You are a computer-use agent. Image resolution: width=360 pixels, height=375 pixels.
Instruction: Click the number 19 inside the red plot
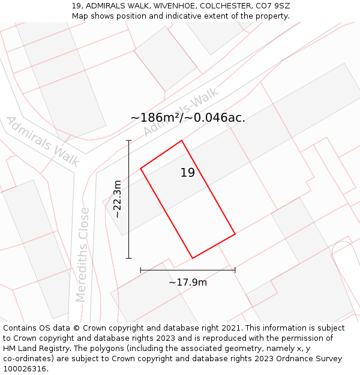click(188, 173)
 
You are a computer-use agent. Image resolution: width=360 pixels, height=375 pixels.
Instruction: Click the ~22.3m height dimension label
click(118, 199)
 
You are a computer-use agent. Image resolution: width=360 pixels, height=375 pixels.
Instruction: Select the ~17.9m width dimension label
click(188, 282)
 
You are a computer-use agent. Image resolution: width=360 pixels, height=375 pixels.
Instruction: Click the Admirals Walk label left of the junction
click(43, 141)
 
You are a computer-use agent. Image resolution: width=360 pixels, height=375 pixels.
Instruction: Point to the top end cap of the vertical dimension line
click(128, 140)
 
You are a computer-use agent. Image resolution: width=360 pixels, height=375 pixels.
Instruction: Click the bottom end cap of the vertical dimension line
click(128, 258)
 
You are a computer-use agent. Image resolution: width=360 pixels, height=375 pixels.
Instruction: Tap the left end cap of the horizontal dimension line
click(140, 270)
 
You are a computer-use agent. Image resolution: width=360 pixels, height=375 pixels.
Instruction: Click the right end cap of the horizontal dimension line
click(235, 270)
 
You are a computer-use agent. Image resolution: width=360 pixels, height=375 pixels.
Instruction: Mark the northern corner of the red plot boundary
click(182, 140)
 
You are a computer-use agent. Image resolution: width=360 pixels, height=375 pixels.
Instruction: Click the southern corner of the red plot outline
click(193, 258)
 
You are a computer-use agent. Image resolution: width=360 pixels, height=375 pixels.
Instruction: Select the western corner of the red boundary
click(140, 169)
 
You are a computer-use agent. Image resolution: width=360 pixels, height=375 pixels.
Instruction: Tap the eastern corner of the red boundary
click(235, 233)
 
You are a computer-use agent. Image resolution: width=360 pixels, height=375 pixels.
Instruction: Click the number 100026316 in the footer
click(25, 368)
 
